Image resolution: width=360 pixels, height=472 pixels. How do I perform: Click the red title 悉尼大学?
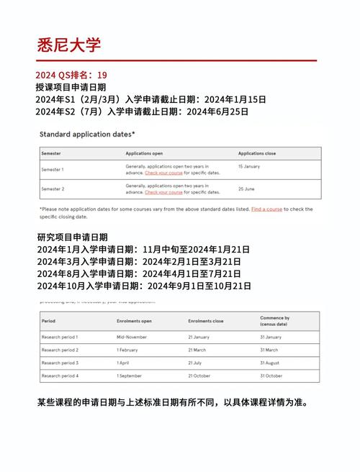(69, 45)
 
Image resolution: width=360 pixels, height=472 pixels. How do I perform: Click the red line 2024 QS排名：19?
(72, 75)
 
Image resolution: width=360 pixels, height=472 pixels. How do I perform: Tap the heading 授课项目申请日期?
(71, 87)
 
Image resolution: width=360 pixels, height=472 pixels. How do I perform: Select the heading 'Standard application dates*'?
(87, 135)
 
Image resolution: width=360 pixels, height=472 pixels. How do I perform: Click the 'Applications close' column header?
(258, 153)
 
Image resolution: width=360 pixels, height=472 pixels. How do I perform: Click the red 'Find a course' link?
(266, 209)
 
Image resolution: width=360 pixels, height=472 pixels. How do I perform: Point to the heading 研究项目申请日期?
(71, 237)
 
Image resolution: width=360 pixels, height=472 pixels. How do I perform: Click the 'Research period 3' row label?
(60, 363)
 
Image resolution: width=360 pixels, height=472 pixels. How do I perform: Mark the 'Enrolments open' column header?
(135, 320)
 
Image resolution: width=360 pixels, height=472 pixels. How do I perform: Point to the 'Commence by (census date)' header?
(275, 320)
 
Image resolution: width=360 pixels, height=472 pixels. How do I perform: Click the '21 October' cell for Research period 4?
(201, 376)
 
